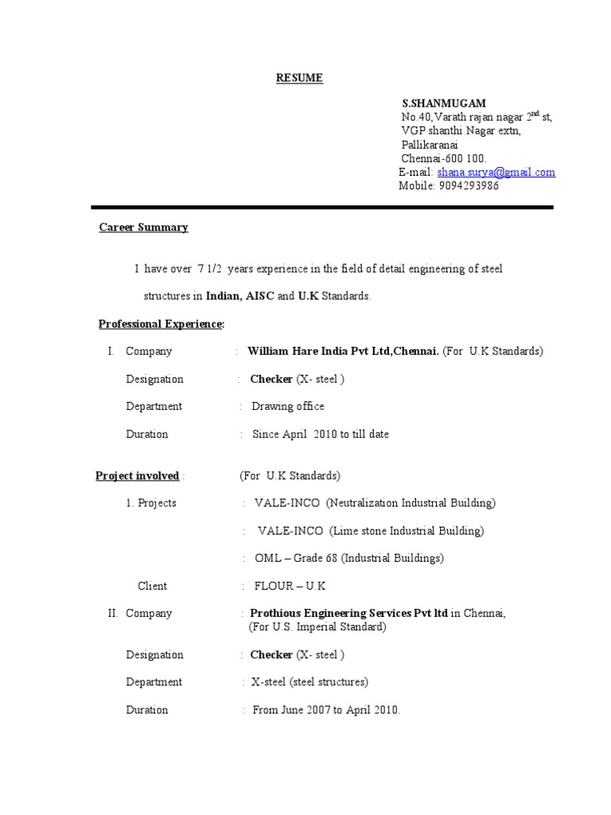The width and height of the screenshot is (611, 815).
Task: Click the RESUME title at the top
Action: tap(299, 78)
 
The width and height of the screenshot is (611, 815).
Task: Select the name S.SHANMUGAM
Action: tap(444, 103)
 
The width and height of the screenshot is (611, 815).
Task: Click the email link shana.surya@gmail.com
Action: tap(496, 172)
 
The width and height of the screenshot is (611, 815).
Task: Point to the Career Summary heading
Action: tap(143, 228)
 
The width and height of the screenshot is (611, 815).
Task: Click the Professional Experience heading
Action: tap(161, 324)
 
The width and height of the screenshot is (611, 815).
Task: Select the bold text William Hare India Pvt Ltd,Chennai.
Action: tap(343, 351)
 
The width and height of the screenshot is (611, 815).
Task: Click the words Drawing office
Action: tap(288, 407)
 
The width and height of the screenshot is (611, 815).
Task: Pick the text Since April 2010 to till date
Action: tap(321, 435)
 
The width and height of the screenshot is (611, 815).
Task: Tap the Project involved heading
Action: tap(137, 476)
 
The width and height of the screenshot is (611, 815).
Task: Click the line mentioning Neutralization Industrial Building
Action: tap(375, 503)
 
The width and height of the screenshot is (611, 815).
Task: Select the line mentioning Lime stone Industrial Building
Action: tap(371, 531)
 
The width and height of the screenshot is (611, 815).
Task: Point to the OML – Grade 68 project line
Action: tap(349, 559)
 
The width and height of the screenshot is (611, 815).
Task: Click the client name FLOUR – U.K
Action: tap(290, 587)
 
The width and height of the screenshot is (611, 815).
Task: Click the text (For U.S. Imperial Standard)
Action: tap(317, 627)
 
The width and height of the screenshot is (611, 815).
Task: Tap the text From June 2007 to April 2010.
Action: tap(326, 710)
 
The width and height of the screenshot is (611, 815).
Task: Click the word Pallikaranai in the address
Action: tap(432, 145)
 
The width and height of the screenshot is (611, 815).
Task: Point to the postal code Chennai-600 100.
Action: tap(443, 158)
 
